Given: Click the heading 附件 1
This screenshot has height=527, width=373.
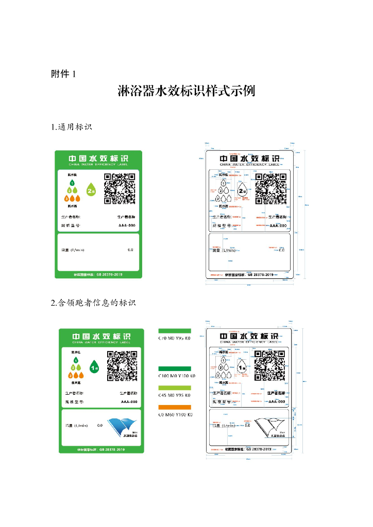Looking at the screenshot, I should coord(64,74).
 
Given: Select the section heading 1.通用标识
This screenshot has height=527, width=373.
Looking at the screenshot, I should coord(72,127).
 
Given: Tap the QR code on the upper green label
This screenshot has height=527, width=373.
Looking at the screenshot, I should coord(120,189).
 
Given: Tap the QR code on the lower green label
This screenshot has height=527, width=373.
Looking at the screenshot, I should coord(122,365).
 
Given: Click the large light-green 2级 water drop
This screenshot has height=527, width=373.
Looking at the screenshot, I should coord(91,190).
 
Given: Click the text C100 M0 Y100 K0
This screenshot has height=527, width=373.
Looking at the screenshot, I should coord(176,376).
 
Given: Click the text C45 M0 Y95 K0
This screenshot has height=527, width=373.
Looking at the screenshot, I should coord(174,395).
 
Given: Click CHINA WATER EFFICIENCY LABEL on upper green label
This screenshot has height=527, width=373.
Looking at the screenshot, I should coord(98,166).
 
